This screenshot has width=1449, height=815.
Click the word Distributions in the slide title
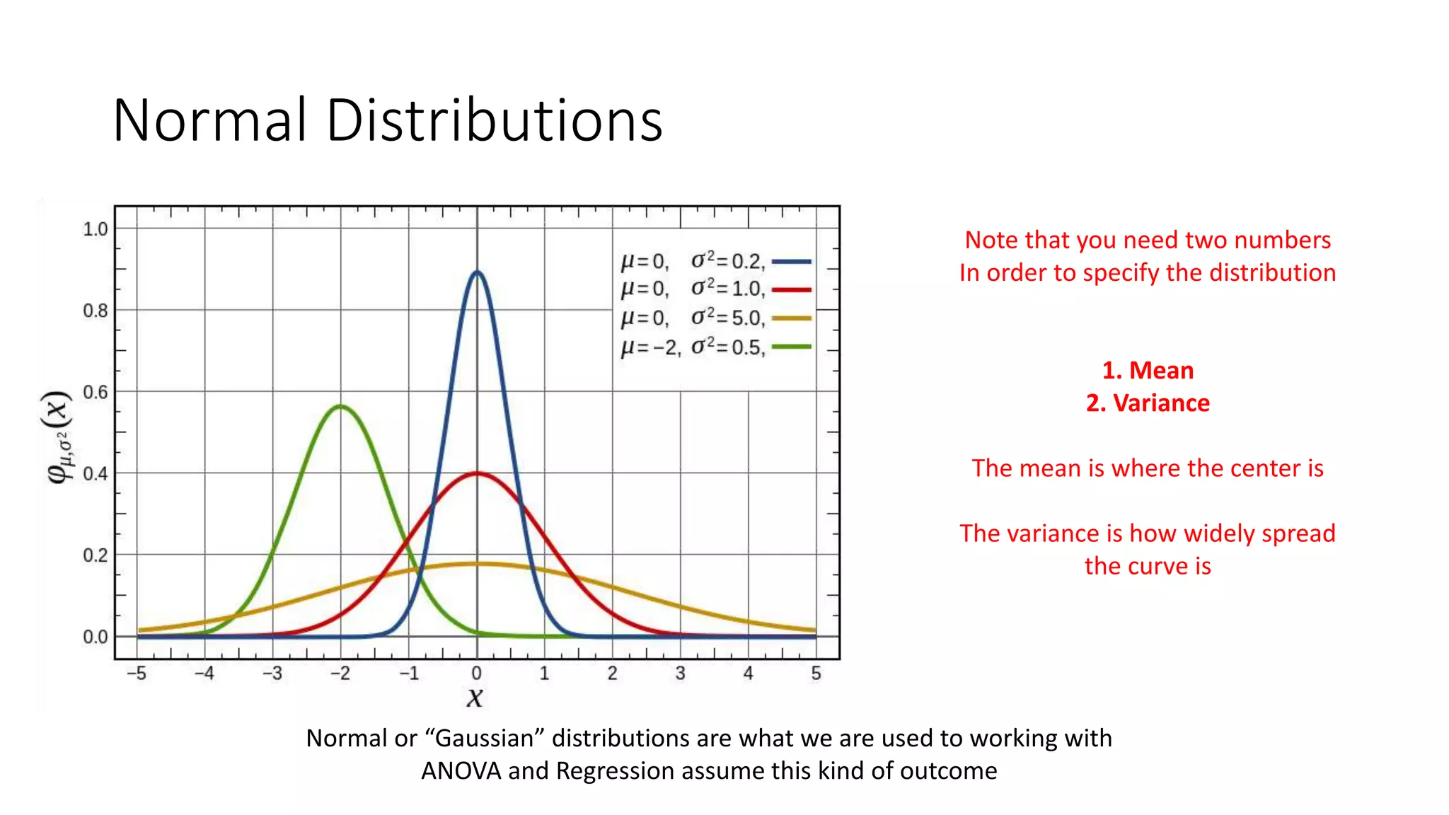(x=494, y=120)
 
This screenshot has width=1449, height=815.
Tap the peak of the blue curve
(x=477, y=272)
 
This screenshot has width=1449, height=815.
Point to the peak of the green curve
(x=340, y=406)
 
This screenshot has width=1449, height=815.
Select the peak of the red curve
(x=478, y=473)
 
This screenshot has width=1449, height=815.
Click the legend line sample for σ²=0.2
(x=791, y=262)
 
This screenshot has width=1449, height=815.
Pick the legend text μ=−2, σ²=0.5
(x=693, y=347)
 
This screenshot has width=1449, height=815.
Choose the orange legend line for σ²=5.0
(x=791, y=318)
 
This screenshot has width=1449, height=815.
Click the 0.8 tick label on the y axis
(x=96, y=311)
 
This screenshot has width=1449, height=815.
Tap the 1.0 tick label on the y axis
(x=96, y=229)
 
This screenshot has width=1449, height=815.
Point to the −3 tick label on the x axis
(x=272, y=674)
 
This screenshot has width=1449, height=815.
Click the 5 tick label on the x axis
(x=816, y=674)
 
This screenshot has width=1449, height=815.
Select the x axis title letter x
(x=475, y=698)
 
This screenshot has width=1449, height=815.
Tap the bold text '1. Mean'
(x=1148, y=371)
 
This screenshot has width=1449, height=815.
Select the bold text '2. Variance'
(x=1148, y=403)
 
